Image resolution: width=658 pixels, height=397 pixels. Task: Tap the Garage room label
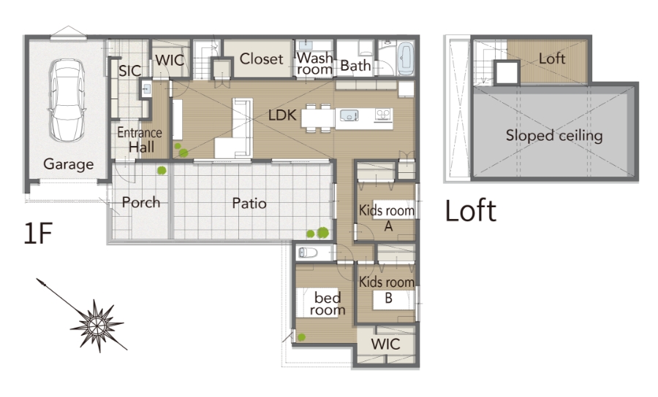point(69,165)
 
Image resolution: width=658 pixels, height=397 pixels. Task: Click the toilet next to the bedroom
point(308,253)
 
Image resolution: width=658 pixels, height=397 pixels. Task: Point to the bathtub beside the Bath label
point(405,58)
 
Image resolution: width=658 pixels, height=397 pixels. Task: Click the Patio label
point(249,204)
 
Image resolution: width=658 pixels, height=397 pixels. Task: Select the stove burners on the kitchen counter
point(384,115)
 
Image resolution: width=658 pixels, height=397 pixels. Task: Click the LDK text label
point(282,115)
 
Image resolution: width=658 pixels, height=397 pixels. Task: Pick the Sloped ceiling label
point(554,136)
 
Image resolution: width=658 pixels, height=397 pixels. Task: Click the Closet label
point(261,59)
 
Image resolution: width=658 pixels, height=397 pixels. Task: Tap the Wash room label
point(314,63)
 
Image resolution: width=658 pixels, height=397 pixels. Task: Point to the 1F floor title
point(38,234)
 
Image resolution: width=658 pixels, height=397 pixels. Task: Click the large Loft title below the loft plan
point(470,211)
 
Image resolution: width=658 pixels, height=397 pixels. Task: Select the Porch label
point(141,203)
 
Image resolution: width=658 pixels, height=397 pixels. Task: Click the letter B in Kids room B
point(389,298)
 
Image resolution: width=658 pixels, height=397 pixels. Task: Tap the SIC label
point(129,71)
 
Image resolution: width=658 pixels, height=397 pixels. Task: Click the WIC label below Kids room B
point(385,344)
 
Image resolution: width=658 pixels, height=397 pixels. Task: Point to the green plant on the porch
point(162,170)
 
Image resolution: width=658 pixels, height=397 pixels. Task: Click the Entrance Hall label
point(140,140)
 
